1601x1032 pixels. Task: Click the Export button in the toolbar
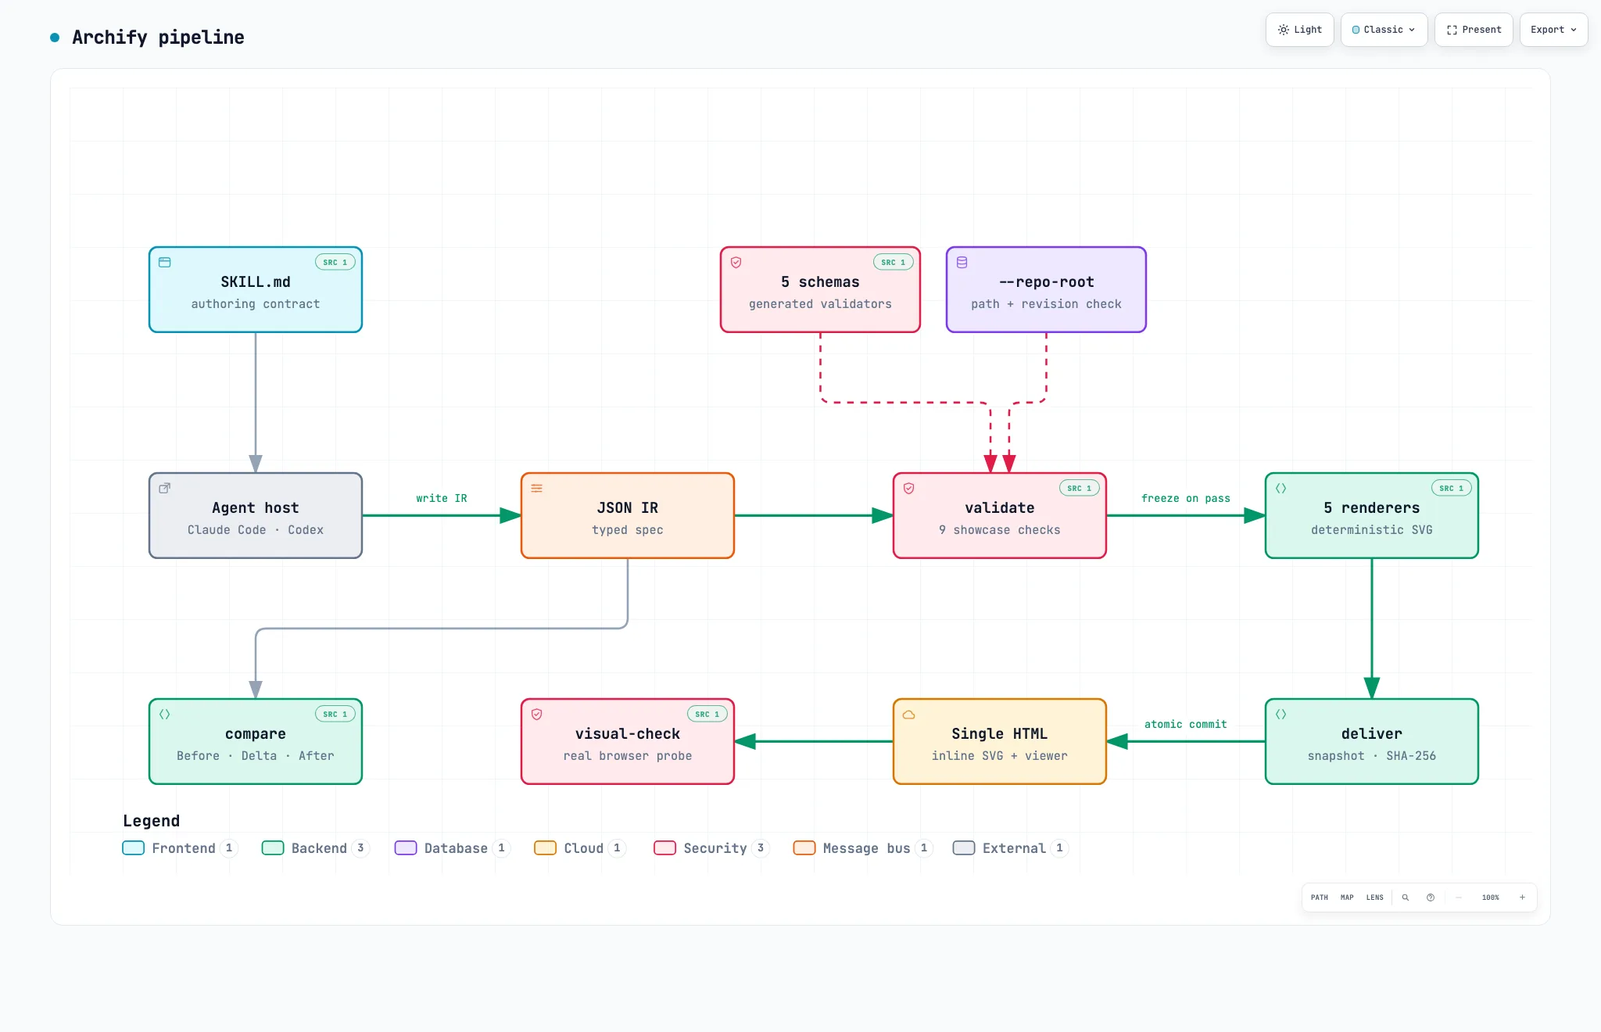[x=1553, y=30]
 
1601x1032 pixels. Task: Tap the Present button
[x=1474, y=30]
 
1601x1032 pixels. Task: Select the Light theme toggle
[x=1299, y=30]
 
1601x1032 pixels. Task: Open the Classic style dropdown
[x=1384, y=30]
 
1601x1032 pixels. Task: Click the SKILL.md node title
[x=256, y=282]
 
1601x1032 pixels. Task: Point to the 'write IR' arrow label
[x=442, y=498]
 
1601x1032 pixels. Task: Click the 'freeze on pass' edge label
[x=1186, y=498]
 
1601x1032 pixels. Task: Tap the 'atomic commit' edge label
[x=1186, y=724]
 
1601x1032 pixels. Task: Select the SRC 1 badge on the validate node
[x=1080, y=488]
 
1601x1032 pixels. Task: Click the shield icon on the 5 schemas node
[x=736, y=263]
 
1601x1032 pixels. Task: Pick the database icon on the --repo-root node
[x=962, y=263]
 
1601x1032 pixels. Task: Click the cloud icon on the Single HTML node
[x=909, y=715]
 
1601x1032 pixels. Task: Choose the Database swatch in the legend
[x=406, y=848]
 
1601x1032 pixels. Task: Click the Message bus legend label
[x=866, y=848]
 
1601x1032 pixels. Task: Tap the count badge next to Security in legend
[x=761, y=848]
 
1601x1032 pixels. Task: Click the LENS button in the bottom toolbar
[x=1375, y=898]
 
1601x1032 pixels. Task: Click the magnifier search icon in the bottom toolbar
[x=1406, y=898]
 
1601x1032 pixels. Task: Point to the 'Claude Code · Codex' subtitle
[x=256, y=530]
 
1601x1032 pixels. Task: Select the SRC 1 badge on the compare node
[x=335, y=714]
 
